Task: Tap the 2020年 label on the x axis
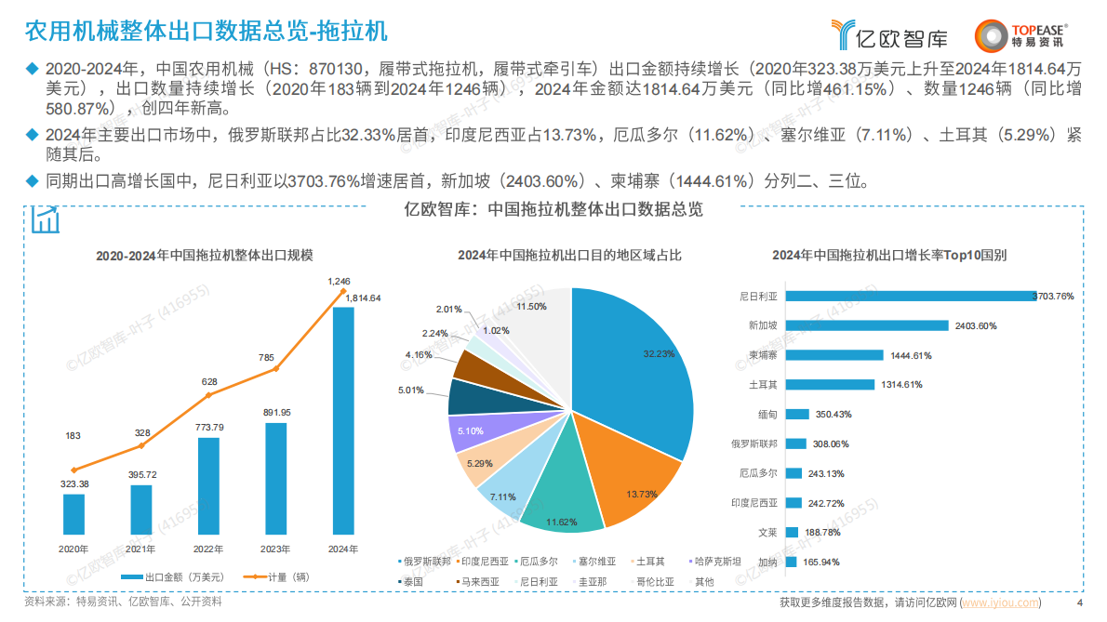coord(74,549)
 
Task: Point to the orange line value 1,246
coord(340,280)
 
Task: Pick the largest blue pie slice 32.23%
coord(642,372)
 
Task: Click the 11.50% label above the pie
coord(531,306)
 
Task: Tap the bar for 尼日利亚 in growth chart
coord(911,296)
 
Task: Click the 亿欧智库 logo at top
coord(890,35)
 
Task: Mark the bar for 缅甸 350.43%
coord(797,414)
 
